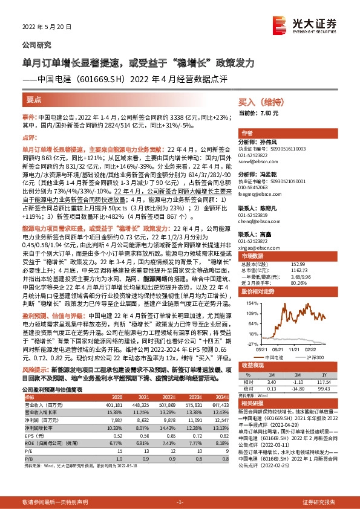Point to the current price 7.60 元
267,113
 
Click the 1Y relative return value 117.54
324,382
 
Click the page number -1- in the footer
180,502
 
